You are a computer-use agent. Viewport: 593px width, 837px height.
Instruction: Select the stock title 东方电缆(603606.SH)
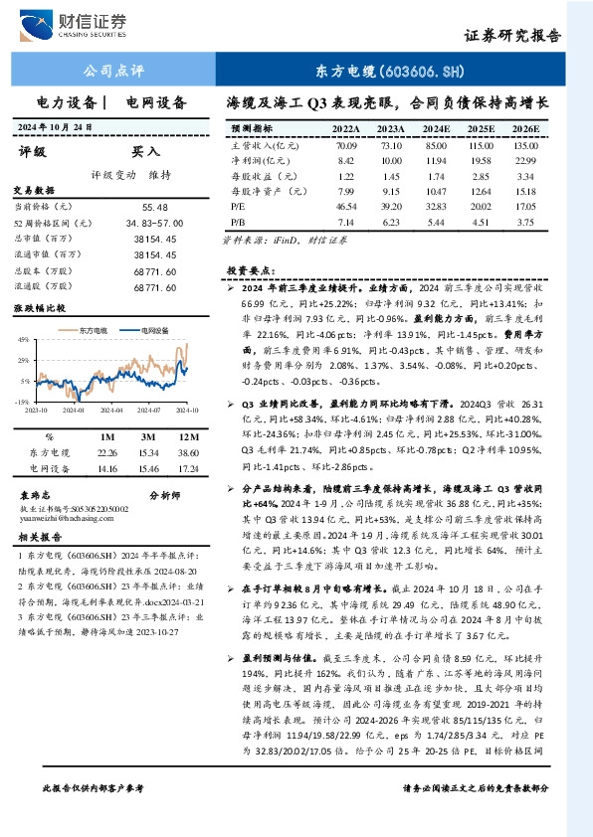point(389,72)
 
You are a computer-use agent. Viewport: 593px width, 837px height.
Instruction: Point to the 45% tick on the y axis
point(22,340)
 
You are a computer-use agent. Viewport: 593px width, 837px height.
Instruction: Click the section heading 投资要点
point(250,270)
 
